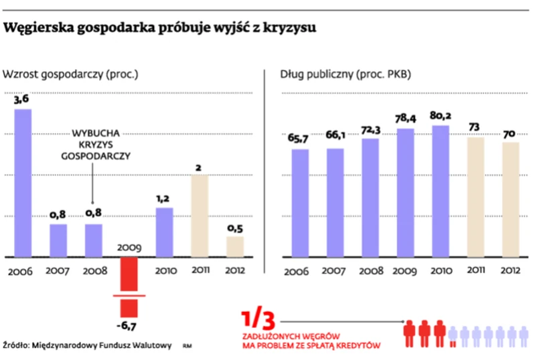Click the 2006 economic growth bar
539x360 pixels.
coord(23,182)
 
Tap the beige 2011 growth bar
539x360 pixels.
coord(200,215)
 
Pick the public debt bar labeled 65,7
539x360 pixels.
coord(300,203)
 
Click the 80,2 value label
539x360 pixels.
coord(440,115)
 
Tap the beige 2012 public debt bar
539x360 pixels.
coord(510,199)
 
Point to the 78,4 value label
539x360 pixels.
coord(406,118)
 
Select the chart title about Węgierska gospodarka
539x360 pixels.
coord(160,29)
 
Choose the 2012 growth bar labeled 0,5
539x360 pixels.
coord(234,246)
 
